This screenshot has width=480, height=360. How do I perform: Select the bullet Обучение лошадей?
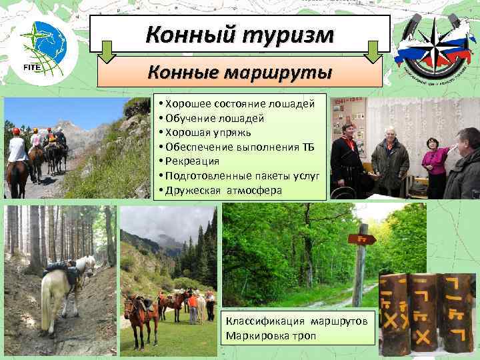pos(211,119)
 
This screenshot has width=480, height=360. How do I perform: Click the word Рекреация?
pos(193,161)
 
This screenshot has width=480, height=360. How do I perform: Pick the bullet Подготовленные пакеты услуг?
pos(239,175)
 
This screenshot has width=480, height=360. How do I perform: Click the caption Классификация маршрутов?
pos(296,321)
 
